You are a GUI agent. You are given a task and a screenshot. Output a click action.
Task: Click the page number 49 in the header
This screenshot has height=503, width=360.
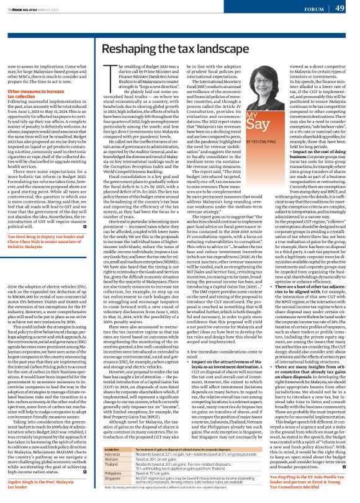340,8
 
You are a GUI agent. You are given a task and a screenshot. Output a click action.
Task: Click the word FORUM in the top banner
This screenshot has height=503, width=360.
313,9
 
